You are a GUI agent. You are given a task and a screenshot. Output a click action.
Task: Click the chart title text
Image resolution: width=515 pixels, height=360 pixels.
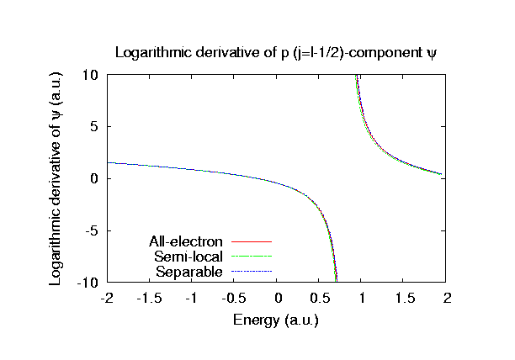pyautogui.click(x=277, y=53)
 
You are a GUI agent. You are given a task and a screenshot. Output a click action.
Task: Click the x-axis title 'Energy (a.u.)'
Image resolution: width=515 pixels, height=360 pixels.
pyautogui.click(x=277, y=320)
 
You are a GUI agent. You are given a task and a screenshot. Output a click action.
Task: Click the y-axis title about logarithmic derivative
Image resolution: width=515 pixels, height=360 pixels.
pyautogui.click(x=56, y=178)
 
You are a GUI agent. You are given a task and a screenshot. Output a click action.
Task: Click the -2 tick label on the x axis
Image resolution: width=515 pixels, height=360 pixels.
pyautogui.click(x=107, y=298)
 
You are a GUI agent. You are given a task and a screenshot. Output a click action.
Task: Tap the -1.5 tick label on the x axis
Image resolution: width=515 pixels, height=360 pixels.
pyautogui.click(x=149, y=298)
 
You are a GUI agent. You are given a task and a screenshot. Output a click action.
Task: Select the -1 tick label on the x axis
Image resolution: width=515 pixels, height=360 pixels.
pyautogui.click(x=192, y=298)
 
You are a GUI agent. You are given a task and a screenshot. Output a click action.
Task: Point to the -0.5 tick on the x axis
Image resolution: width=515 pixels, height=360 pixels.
pyautogui.click(x=234, y=298)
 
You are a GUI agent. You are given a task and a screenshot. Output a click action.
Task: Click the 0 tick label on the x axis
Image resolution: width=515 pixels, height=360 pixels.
pyautogui.click(x=278, y=298)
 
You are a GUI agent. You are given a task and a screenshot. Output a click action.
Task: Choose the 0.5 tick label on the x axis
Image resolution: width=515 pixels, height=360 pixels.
pyautogui.click(x=320, y=298)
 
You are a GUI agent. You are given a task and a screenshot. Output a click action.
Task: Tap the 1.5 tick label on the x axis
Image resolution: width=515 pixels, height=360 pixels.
pyautogui.click(x=405, y=298)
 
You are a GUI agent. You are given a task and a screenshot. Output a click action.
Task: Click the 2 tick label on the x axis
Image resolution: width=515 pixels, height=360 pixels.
pyautogui.click(x=448, y=298)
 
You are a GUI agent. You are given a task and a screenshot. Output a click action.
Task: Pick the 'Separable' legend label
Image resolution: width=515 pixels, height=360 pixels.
pyautogui.click(x=189, y=271)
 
